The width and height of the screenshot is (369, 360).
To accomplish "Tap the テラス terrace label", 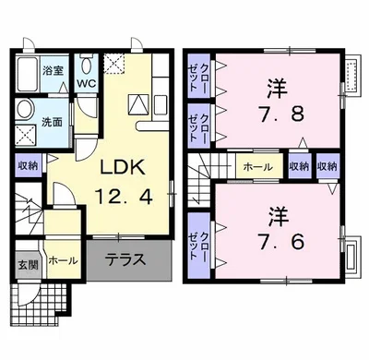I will [x=125, y=259].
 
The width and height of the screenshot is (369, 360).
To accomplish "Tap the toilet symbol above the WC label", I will [x=86, y=64].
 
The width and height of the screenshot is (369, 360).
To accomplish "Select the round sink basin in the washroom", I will [x=25, y=124].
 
